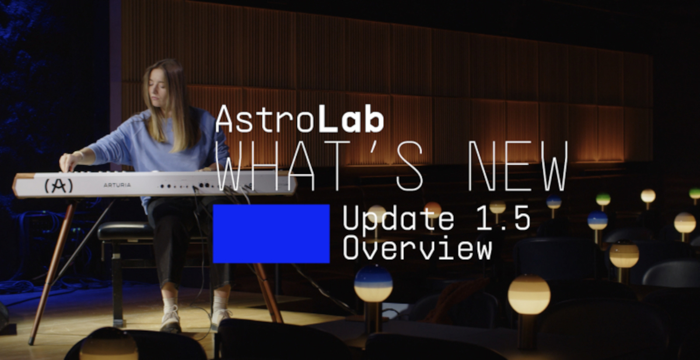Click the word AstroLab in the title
tap(300, 119)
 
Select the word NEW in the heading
tap(518, 165)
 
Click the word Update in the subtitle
tap(398, 219)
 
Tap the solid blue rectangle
tap(271, 234)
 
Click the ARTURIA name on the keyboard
tap(117, 185)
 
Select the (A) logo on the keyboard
tap(59, 186)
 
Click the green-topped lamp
tap(603, 200)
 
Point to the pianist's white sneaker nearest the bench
tap(171, 319)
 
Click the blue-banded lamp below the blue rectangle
tap(373, 284)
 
